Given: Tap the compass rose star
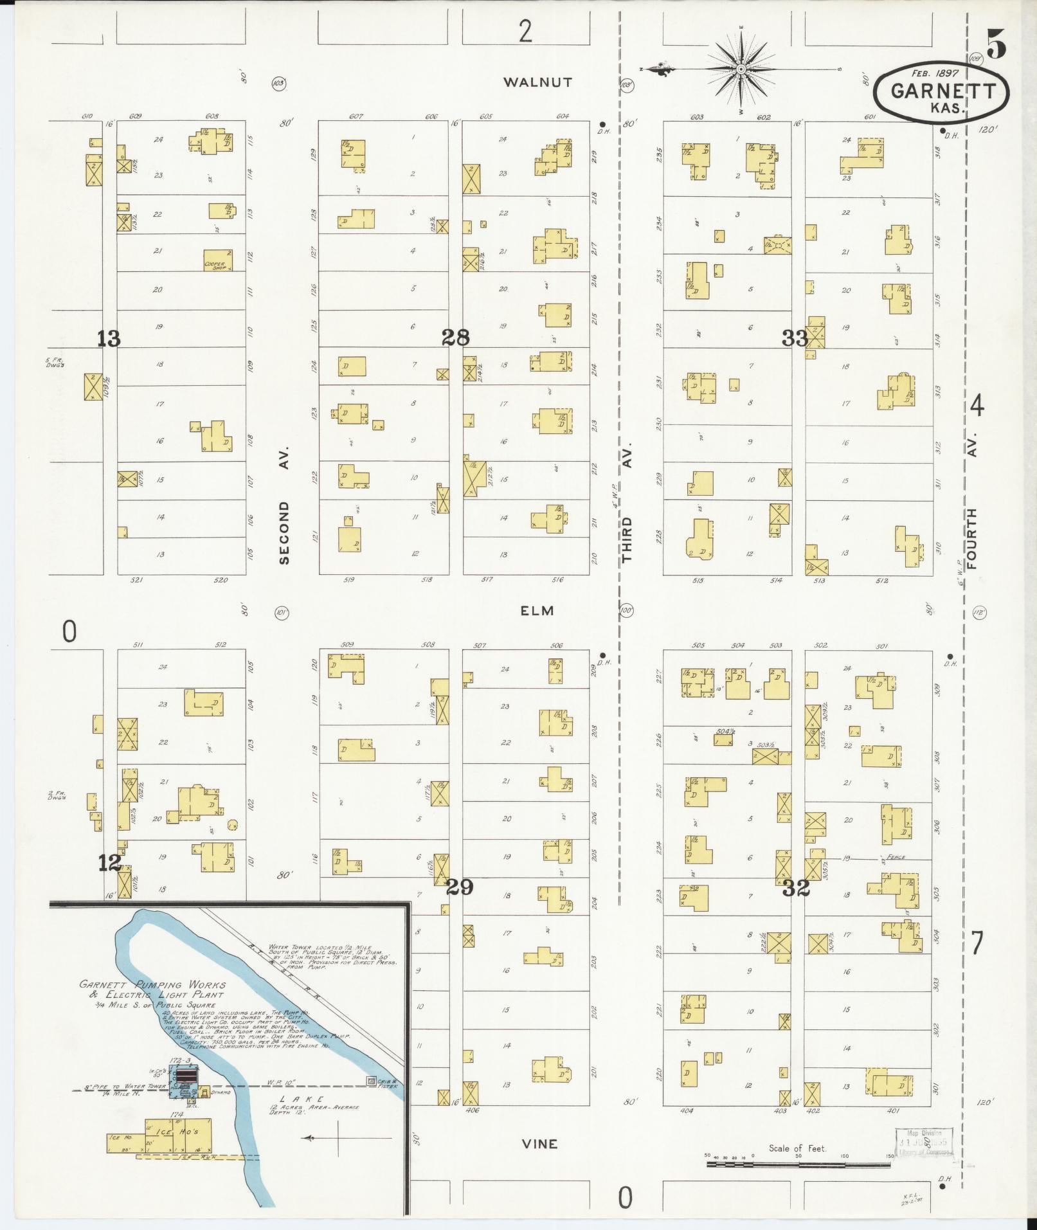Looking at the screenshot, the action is coord(741,68).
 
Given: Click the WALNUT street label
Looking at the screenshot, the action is coord(537,82).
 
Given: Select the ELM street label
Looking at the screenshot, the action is coord(537,611).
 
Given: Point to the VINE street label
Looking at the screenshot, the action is coord(540,1144).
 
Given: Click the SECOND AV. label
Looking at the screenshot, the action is coord(285,505).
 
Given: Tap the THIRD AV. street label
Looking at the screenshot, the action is coord(627,502).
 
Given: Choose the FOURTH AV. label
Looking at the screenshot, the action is coord(971,502).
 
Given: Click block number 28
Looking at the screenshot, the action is coord(455,337).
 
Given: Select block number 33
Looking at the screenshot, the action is coord(795,338).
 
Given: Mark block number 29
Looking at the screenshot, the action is coord(460,887).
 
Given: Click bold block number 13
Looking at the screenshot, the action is coord(109,338).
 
